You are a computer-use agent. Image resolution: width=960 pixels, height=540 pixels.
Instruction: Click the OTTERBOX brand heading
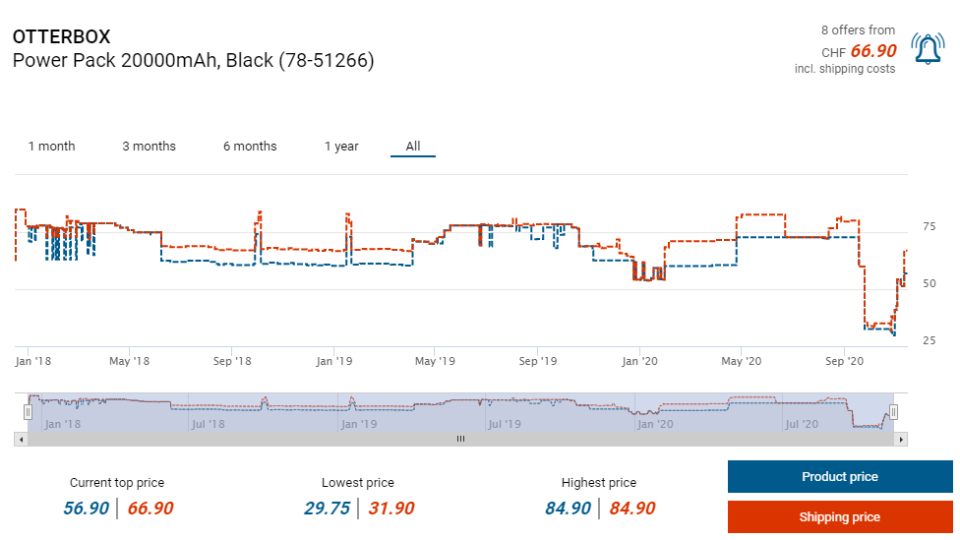pyautogui.click(x=62, y=36)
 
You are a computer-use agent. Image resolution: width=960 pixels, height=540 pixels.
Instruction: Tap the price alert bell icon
pyautogui.click(x=928, y=49)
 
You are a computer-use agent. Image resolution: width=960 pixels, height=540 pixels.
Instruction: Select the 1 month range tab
pyautogui.click(x=51, y=147)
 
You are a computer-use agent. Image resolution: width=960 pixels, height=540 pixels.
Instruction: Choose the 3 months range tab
pyautogui.click(x=149, y=147)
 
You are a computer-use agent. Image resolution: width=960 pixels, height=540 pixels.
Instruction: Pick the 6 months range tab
pyautogui.click(x=250, y=147)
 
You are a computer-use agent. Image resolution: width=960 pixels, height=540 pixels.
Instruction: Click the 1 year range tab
pyautogui.click(x=341, y=147)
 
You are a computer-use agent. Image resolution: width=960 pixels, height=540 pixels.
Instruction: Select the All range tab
pyautogui.click(x=413, y=147)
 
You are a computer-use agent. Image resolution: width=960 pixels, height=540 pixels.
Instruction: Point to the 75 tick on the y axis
pyautogui.click(x=929, y=227)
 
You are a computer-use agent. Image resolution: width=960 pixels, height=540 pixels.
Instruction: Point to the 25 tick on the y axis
pyautogui.click(x=929, y=340)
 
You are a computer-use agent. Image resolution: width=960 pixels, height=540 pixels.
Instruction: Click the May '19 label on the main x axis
pyautogui.click(x=436, y=362)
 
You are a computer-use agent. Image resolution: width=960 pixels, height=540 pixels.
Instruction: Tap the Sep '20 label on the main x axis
pyautogui.click(x=844, y=362)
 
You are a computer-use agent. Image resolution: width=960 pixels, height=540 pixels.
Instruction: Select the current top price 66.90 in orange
pyautogui.click(x=150, y=509)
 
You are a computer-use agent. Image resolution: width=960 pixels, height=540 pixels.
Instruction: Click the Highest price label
pyautogui.click(x=598, y=483)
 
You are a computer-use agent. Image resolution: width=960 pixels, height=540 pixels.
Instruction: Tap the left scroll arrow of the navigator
pyautogui.click(x=20, y=440)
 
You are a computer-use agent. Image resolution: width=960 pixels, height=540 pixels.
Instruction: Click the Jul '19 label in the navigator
pyautogui.click(x=504, y=425)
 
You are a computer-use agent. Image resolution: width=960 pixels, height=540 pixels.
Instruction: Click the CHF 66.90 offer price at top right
pyautogui.click(x=872, y=51)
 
